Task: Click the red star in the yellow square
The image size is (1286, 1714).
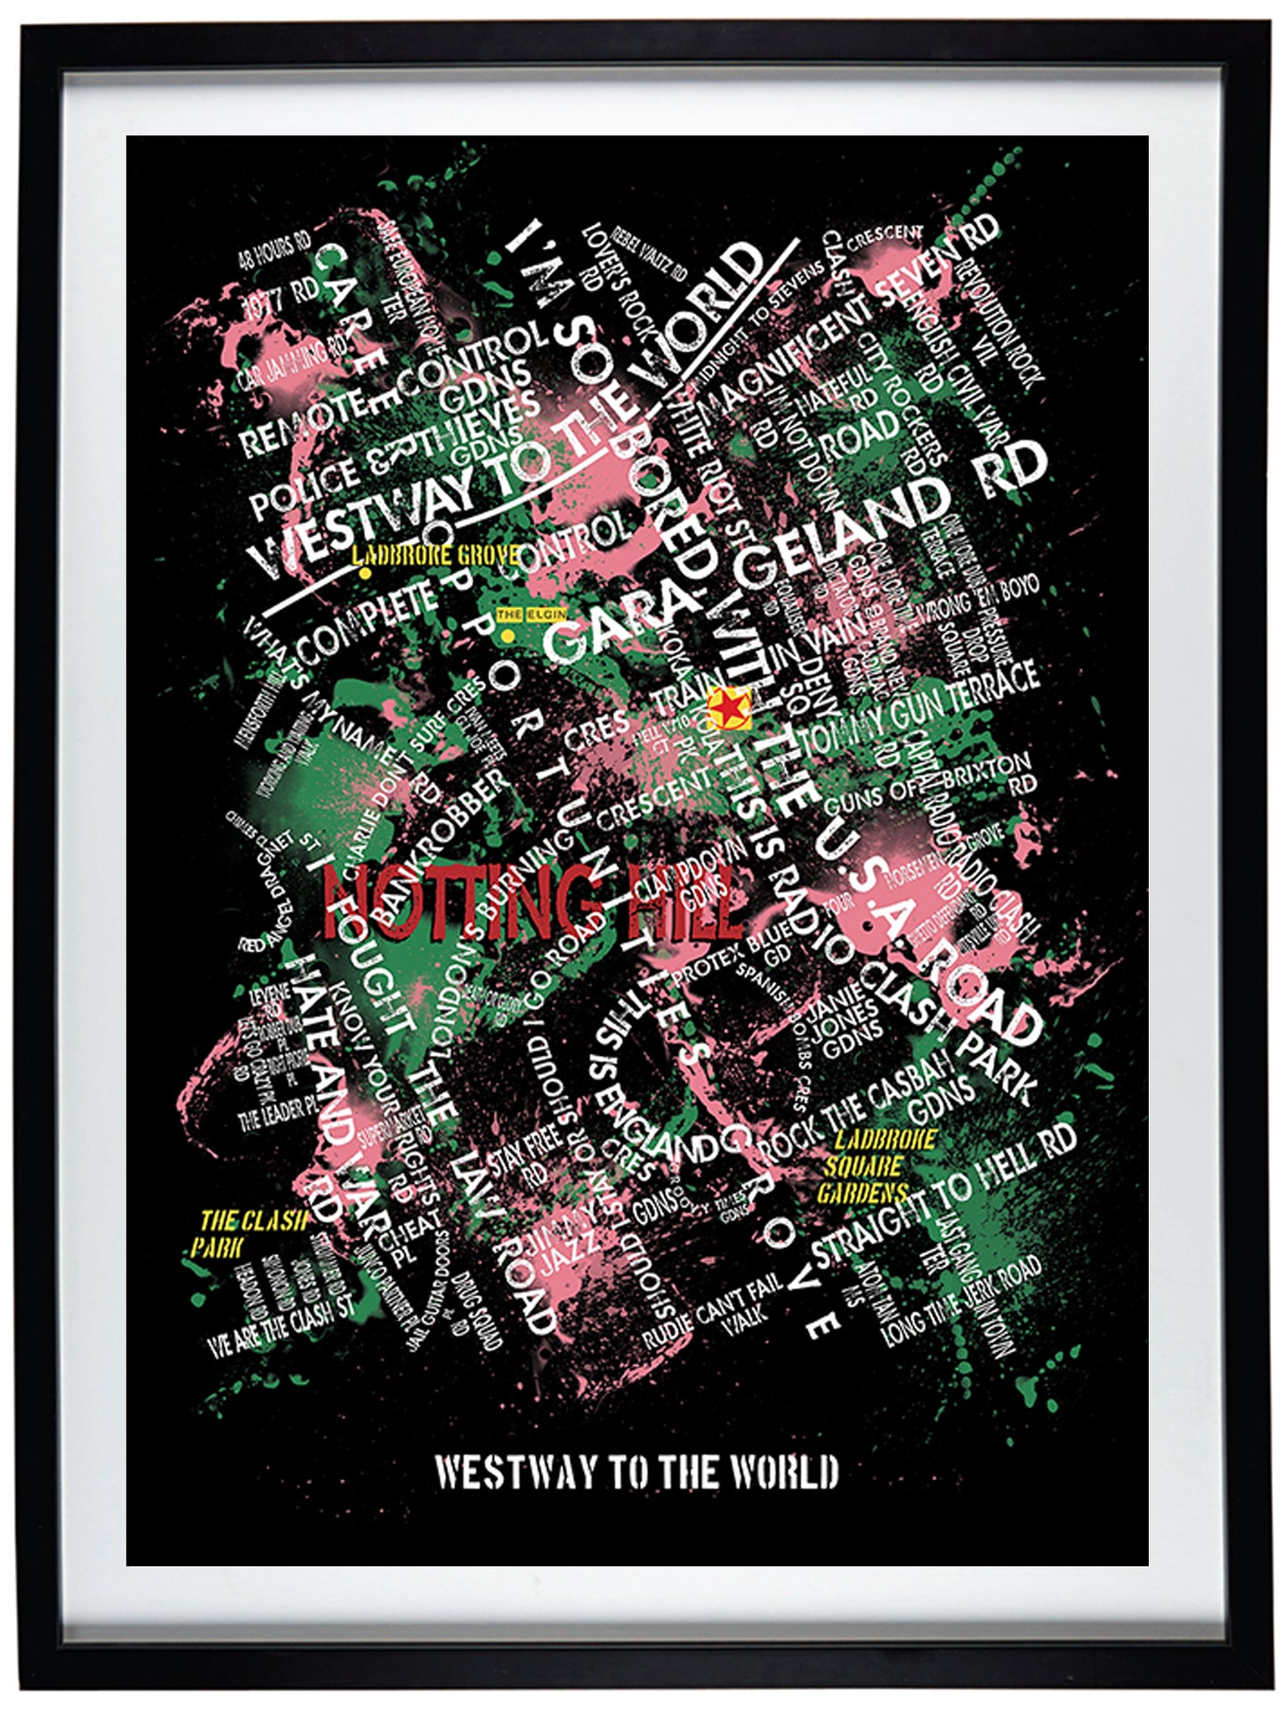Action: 729,709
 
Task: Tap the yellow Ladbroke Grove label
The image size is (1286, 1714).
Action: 435,557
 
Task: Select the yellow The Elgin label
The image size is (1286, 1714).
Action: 531,614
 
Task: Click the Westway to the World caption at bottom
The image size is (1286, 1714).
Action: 636,1473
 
